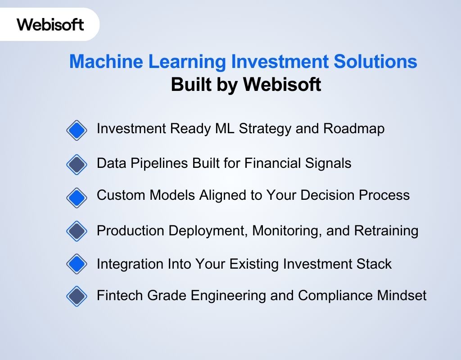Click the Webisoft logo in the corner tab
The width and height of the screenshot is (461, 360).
(x=50, y=24)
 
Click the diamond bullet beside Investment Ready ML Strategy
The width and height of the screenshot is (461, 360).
(x=77, y=130)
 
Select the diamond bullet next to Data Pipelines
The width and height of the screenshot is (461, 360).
(x=77, y=164)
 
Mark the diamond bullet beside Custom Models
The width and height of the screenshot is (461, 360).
(x=77, y=197)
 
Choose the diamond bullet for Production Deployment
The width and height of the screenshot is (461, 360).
(x=77, y=231)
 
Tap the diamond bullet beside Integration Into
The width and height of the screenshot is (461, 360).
(x=77, y=264)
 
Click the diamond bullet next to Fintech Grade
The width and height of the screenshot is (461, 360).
(x=77, y=297)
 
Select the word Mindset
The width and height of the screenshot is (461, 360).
(x=404, y=296)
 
